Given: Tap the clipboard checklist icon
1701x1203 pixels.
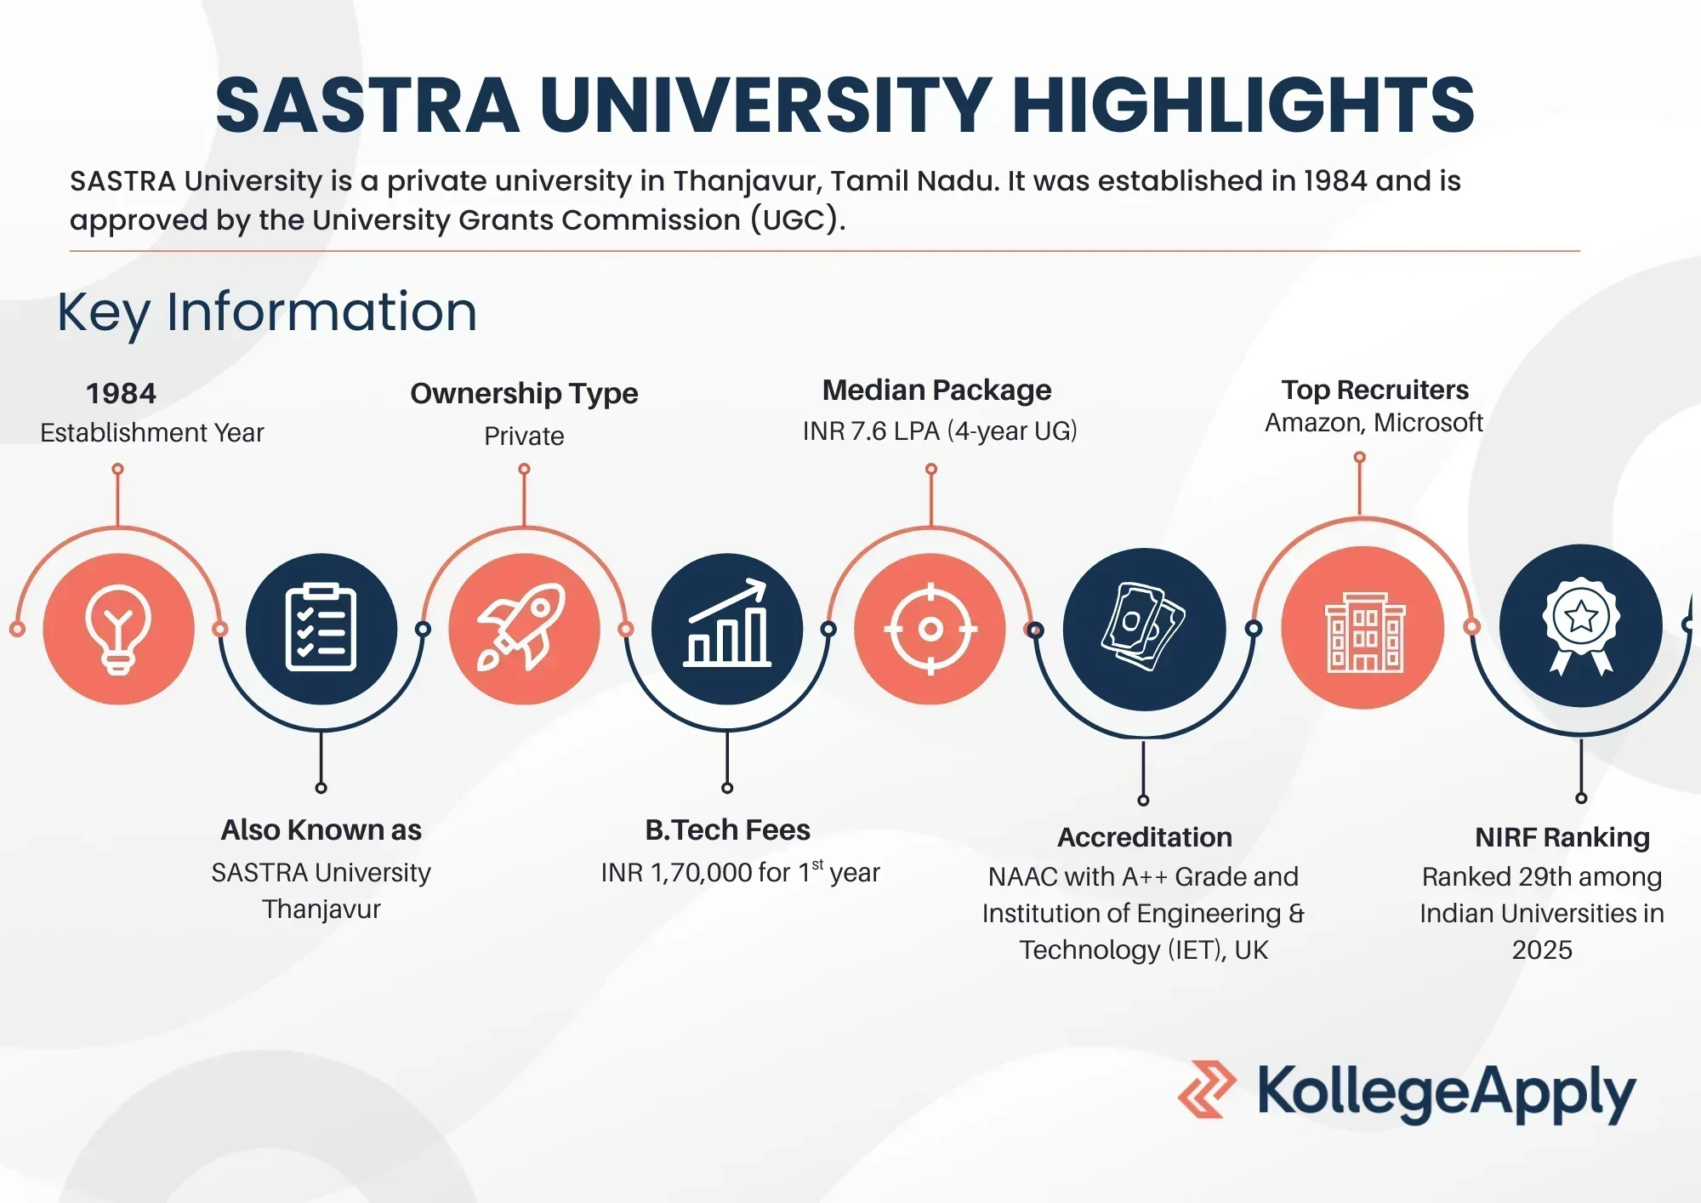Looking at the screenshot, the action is pos(321,628).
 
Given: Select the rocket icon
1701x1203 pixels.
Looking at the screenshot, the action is pos(522,628).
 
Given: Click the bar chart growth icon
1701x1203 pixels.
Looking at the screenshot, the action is pos(727,623).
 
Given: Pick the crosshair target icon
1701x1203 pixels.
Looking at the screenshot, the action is pos(930,630).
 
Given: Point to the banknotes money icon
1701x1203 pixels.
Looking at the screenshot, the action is pos(1143,626).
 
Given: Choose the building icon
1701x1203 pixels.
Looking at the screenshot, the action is pos(1365,632).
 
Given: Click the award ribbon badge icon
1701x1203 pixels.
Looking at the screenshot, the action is pos(1581,626).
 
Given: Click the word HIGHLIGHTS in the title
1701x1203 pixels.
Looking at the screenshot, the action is pos(1243,105).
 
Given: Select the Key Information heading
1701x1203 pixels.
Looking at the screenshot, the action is pos(267,311).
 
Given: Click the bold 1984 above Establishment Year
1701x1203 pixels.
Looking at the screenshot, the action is pos(121,393).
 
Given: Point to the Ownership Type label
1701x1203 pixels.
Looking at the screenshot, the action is pos(524,393).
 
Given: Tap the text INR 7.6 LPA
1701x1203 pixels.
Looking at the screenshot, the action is pos(871,430).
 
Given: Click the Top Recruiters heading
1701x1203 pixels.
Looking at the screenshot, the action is pos(1374,390).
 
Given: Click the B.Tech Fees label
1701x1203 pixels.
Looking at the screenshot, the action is pos(727,830).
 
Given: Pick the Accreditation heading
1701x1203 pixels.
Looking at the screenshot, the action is pos(1144,837).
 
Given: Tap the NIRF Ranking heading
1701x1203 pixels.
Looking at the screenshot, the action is pos(1562,837).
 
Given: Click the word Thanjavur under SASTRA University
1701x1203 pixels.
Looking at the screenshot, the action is pos(321,909).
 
